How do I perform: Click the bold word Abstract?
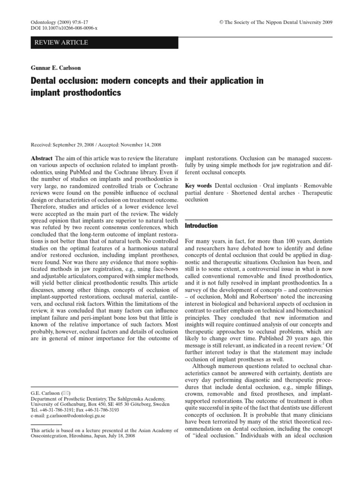[41, 158]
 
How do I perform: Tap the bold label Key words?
[199, 185]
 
